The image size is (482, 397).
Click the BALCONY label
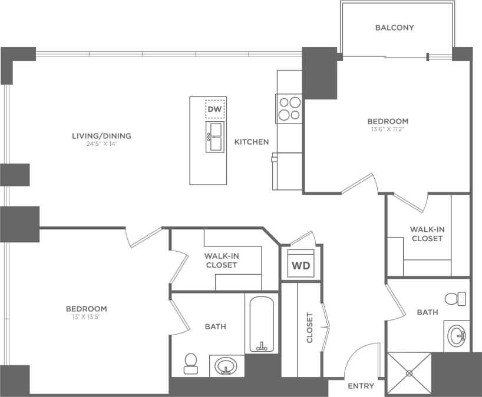pos(395,28)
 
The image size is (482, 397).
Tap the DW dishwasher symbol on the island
pos(215,109)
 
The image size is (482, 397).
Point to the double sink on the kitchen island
pos(215,136)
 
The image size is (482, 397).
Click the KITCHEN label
pos(252,142)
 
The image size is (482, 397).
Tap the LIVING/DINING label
pos(101,136)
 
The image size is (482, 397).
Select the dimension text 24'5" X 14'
pos(101,144)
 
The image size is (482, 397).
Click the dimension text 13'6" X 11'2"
pos(387,129)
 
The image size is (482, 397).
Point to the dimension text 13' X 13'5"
pos(86,316)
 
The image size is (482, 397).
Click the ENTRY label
pos(361,386)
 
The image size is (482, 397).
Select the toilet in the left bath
pos(190,363)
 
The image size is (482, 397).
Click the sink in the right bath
pos(457,337)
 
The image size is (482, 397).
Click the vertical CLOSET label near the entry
pos(309,328)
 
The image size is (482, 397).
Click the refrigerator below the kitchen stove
pos(288,171)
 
